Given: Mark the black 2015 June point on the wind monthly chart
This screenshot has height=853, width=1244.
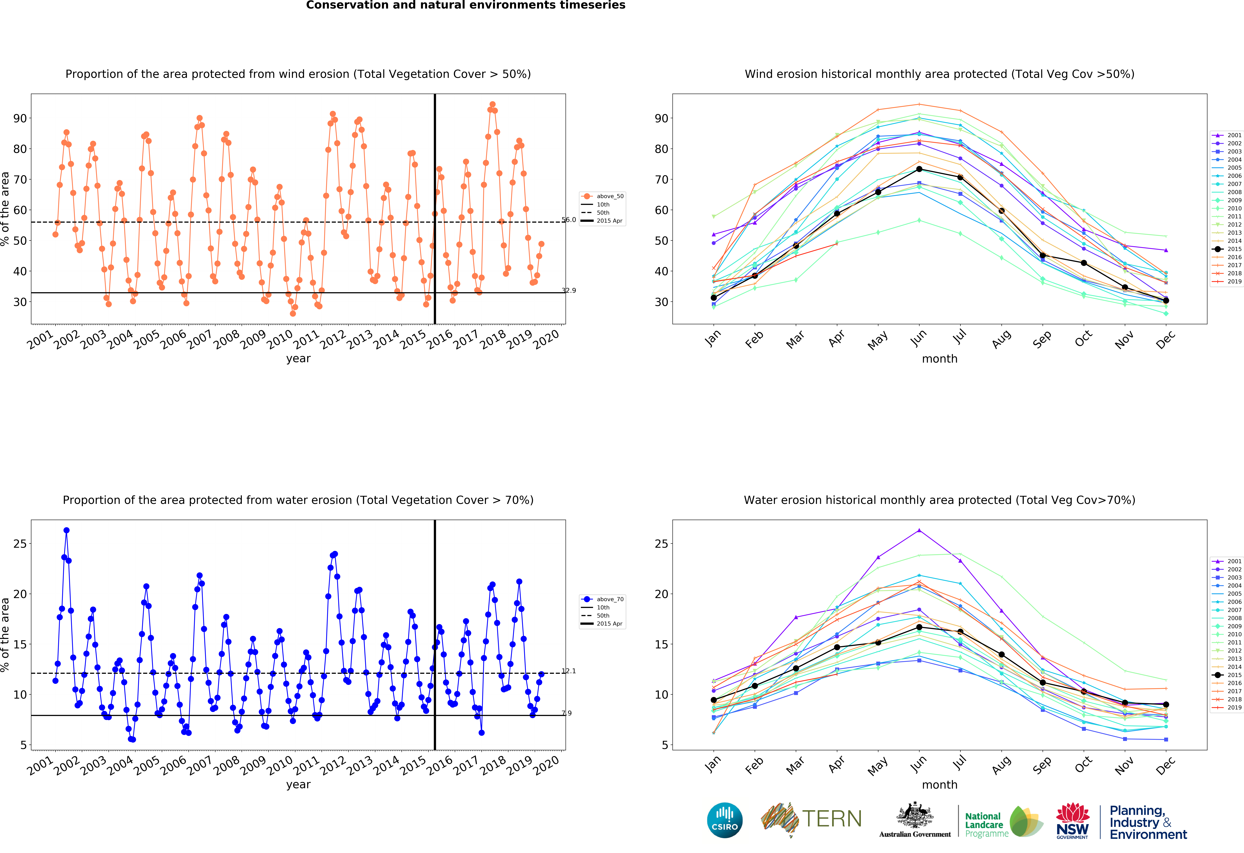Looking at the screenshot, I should point(919,169).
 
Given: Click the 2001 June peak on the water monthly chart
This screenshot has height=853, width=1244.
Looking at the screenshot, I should point(919,531).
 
